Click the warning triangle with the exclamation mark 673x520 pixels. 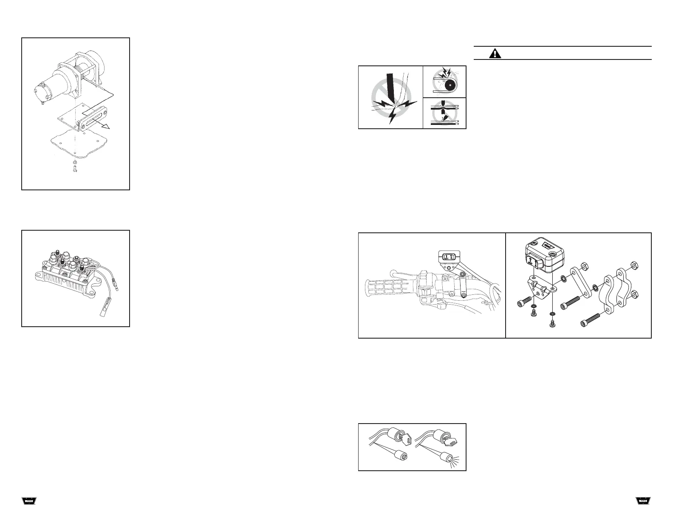click(x=495, y=53)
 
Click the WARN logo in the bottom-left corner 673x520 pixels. click(x=29, y=501)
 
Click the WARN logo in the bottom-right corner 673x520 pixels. click(x=643, y=501)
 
